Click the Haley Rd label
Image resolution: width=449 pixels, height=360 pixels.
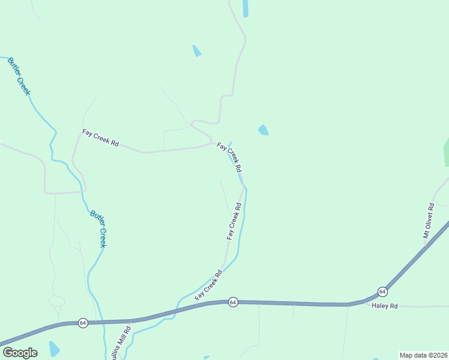(385, 306)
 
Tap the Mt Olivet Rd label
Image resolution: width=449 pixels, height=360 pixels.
(429, 221)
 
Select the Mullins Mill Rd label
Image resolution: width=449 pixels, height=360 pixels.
(124, 343)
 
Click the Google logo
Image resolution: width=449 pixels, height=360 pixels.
(20, 352)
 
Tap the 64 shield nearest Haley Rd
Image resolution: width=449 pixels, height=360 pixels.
(382, 292)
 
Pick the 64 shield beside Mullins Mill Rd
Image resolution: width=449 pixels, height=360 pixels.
(83, 323)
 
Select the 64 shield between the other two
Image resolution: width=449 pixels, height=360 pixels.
(234, 302)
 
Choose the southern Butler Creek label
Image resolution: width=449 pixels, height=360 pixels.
(98, 229)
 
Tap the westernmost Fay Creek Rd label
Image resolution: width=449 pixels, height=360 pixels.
(100, 139)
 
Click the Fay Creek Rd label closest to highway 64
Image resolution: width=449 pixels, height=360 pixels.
(208, 286)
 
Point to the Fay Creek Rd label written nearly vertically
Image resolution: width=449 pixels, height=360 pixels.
(234, 221)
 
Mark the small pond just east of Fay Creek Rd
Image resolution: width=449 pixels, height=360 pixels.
(263, 130)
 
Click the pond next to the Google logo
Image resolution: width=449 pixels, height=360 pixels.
(54, 349)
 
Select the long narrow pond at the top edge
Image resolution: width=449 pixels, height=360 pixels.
(245, 8)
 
